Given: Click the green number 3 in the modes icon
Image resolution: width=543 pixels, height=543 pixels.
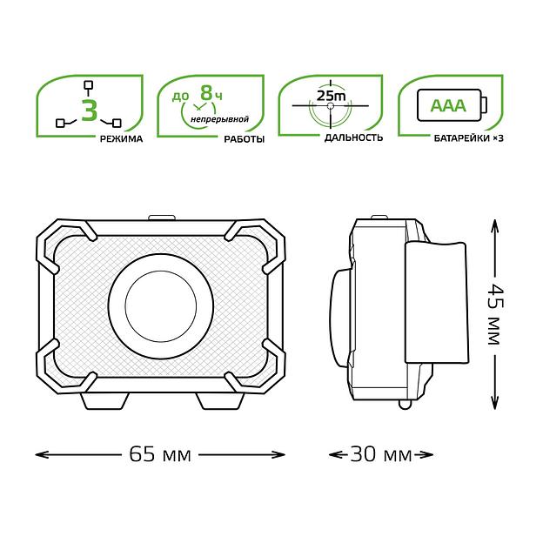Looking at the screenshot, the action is (x=90, y=110).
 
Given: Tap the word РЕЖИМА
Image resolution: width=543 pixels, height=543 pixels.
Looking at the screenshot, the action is (x=121, y=139).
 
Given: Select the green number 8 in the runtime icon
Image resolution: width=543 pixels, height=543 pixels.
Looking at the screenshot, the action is (x=206, y=93).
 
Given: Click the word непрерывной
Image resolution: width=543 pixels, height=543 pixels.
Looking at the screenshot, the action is (x=219, y=119).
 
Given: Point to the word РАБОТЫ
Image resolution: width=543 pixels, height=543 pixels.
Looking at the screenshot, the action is (x=245, y=139).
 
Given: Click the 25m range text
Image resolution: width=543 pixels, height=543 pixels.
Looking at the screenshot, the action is (x=331, y=96).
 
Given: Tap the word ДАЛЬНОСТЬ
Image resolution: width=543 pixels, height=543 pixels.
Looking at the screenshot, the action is (x=353, y=137).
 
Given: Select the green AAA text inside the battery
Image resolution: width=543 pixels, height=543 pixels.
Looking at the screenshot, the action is (x=448, y=105).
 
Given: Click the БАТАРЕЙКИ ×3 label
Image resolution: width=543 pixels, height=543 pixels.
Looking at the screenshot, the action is (x=468, y=138).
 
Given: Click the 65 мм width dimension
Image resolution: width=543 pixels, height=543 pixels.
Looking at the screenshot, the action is (x=160, y=454).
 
